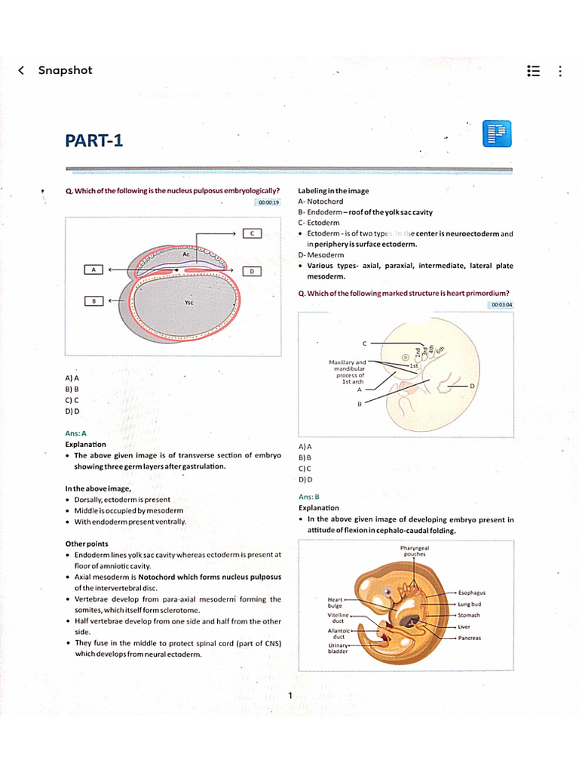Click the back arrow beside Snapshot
pyautogui.click(x=21, y=70)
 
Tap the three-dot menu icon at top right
pyautogui.click(x=559, y=71)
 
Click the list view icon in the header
pyautogui.click(x=533, y=71)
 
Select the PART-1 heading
pyautogui.click(x=93, y=140)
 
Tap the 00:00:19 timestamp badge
pyautogui.click(x=268, y=202)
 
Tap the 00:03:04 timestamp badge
pyautogui.click(x=501, y=304)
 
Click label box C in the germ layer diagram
pyautogui.click(x=251, y=233)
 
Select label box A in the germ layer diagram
pyautogui.click(x=93, y=269)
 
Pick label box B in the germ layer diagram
pyautogui.click(x=93, y=300)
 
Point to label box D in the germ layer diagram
pyautogui.click(x=251, y=270)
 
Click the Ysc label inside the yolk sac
pyautogui.click(x=188, y=302)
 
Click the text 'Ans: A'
pyautogui.click(x=75, y=433)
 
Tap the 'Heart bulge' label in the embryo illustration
pyautogui.click(x=335, y=602)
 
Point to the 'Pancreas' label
pyautogui.click(x=470, y=638)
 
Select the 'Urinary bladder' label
pyautogui.click(x=337, y=648)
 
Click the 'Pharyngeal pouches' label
pyautogui.click(x=415, y=551)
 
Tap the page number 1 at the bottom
pyautogui.click(x=289, y=695)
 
